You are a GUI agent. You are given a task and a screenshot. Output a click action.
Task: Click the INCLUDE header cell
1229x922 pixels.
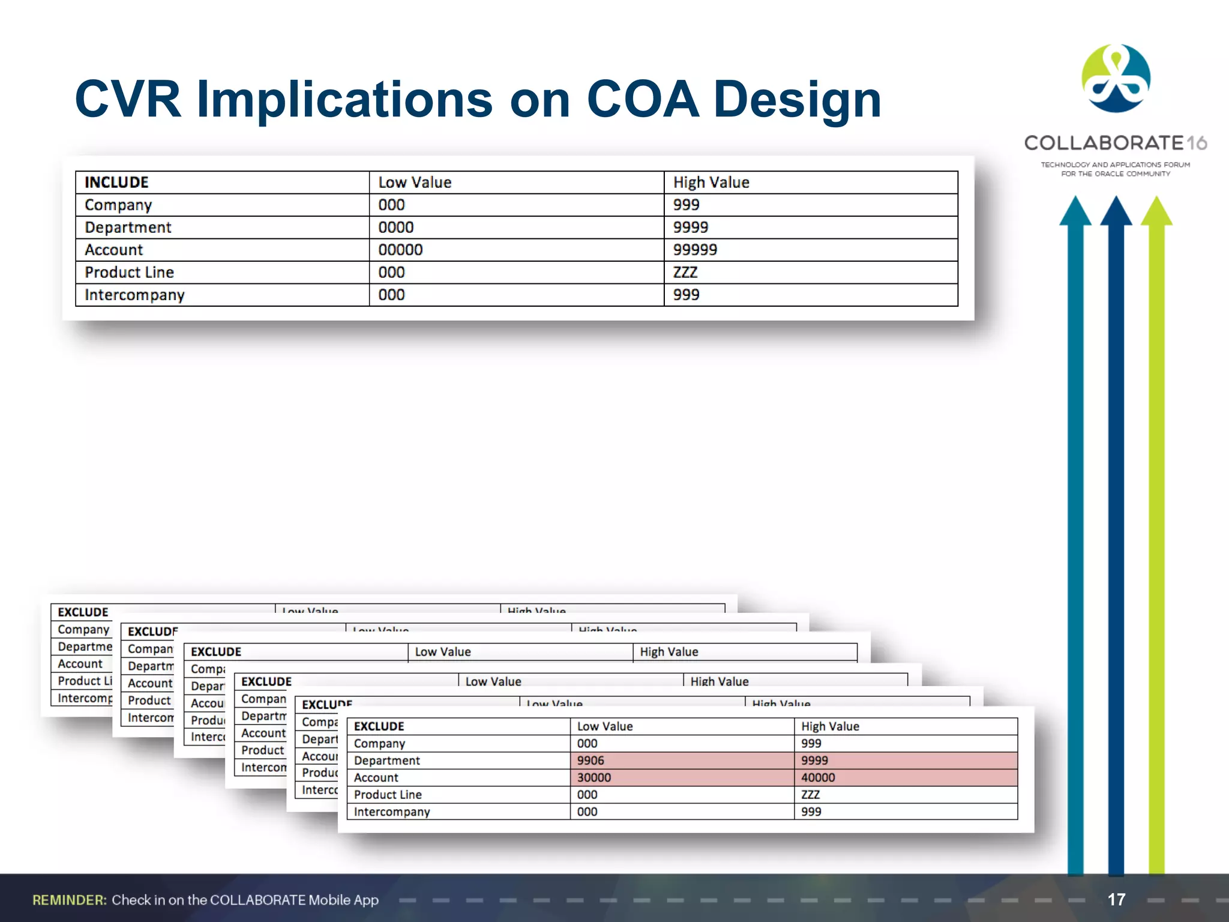[x=116, y=182]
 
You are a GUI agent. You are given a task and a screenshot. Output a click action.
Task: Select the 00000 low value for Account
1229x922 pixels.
[x=400, y=250]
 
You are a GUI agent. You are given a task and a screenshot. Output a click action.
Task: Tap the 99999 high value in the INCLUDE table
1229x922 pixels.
[x=695, y=250]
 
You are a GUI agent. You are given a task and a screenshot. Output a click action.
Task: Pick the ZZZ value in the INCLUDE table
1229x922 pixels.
[x=685, y=273]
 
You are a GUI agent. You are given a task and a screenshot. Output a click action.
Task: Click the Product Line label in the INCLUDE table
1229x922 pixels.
[x=129, y=273]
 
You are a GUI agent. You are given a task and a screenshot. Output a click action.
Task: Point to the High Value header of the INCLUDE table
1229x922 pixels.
[x=711, y=182]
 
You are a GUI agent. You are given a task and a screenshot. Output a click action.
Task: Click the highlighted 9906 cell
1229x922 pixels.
[x=590, y=761]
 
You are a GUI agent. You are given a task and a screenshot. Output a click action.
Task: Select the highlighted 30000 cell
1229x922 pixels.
[x=594, y=777]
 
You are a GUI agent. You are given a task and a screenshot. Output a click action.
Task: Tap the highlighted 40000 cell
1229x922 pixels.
[x=818, y=777]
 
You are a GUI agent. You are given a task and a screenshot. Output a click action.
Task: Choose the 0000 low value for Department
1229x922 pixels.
[x=396, y=227]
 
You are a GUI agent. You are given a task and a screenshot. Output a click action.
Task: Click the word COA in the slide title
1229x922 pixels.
[x=643, y=100]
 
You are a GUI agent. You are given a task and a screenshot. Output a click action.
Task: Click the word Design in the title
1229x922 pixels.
[x=798, y=100]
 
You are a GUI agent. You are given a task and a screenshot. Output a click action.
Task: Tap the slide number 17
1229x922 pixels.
[x=1116, y=899]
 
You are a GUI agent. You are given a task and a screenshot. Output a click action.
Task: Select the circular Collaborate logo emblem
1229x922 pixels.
[x=1116, y=79]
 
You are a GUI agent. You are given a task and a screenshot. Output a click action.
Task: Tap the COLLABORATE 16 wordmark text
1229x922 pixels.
[x=1115, y=143]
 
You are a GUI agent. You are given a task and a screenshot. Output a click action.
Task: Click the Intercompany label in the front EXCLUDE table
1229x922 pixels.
[x=392, y=812]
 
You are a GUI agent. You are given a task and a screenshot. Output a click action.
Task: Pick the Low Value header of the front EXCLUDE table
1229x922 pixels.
[x=605, y=726]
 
